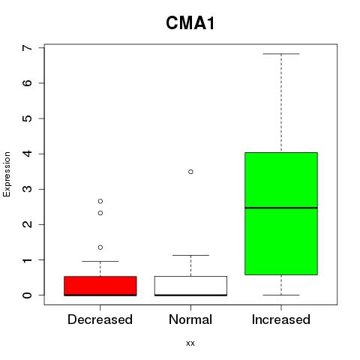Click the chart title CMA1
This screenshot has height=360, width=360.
[190, 23]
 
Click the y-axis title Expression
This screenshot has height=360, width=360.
[7, 174]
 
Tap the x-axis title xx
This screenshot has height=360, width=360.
[190, 343]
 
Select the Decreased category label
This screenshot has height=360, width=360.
[100, 319]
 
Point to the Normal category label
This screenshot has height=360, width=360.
[190, 319]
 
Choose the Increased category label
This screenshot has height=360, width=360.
[281, 319]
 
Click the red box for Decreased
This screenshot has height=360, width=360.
[100, 286]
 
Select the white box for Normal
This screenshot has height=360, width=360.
[190, 286]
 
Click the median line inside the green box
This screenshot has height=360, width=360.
[281, 208]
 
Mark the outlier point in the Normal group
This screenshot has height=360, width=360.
[190, 172]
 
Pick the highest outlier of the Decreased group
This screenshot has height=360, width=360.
[100, 201]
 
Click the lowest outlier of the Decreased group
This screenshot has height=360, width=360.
[100, 247]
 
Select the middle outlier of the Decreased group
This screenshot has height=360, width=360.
[100, 213]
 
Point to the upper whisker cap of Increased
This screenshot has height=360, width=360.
[281, 54]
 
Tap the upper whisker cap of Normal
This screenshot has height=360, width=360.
[190, 255]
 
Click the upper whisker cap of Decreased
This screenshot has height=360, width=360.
[100, 261]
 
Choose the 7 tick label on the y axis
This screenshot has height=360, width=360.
[27, 48]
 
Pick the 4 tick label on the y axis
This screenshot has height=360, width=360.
[27, 154]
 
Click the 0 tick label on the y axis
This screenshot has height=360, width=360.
[27, 295]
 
